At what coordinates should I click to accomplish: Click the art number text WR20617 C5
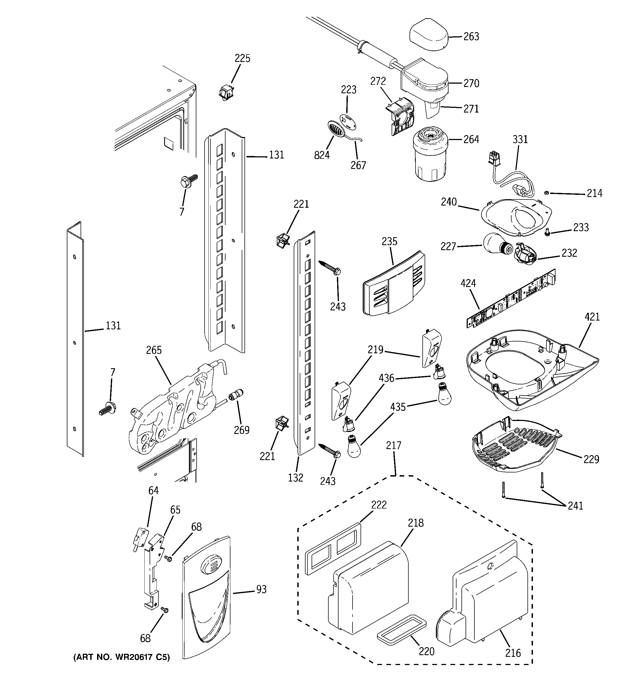click(121, 657)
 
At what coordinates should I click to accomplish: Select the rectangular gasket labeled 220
click(401, 630)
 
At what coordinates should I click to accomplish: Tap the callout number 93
click(261, 590)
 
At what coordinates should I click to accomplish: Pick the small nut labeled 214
click(547, 193)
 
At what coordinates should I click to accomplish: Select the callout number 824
click(322, 155)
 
